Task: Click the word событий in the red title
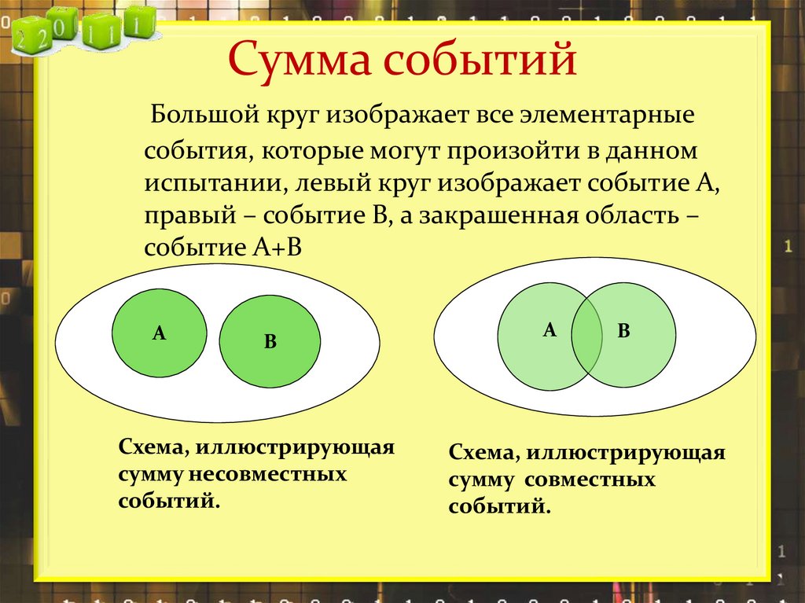click(469, 61)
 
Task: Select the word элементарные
click(606, 117)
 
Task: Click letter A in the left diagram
click(159, 333)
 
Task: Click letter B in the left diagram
click(270, 341)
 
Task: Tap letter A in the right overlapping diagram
click(550, 330)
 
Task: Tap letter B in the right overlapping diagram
click(623, 331)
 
